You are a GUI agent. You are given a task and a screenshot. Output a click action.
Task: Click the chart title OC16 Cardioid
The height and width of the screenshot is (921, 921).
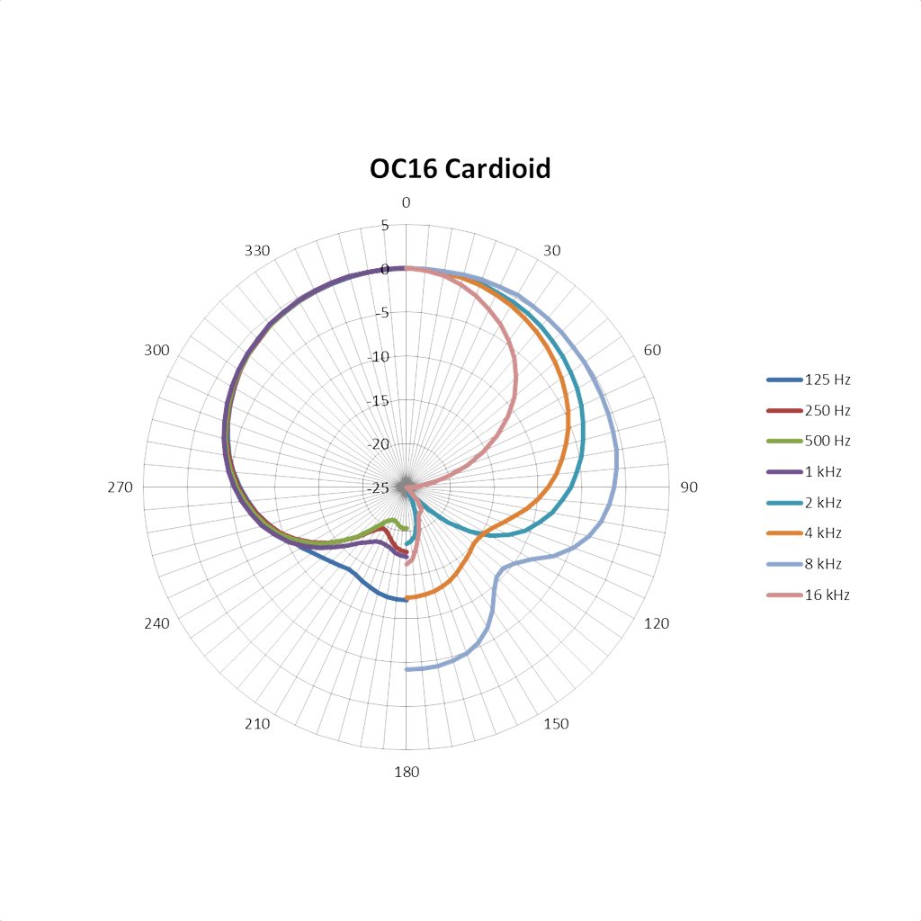coord(460,168)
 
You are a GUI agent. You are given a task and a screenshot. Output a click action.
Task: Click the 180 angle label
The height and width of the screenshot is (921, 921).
coord(406,772)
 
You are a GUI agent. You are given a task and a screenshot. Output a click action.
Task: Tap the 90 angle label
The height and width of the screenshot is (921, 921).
coord(689,487)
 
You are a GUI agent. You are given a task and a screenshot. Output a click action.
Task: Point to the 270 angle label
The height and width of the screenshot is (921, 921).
coord(121,487)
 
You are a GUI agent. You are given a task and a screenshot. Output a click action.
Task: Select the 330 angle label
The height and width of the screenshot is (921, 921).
coord(257,250)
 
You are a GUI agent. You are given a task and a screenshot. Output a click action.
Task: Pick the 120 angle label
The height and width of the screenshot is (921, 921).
coord(658,623)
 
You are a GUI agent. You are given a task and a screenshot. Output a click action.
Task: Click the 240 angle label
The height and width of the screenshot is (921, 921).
coord(156,623)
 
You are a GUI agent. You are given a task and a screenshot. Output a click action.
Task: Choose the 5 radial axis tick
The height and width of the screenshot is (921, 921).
coord(385,225)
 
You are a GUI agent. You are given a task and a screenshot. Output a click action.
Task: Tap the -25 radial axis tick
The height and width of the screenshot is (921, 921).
coord(380,487)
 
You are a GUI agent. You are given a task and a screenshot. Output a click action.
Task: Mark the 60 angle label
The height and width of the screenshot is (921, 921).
coord(652,350)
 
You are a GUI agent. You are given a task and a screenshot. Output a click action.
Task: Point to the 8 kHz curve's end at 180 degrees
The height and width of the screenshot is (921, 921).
coord(407,669)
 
